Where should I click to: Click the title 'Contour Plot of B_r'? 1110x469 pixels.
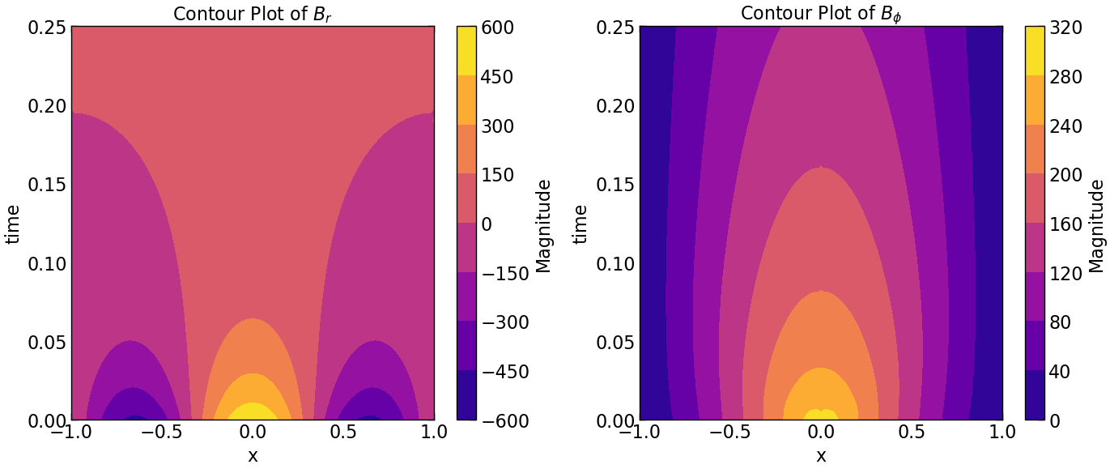click(x=253, y=13)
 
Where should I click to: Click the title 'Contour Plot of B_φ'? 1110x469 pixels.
click(x=821, y=13)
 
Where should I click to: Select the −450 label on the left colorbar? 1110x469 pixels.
click(x=505, y=372)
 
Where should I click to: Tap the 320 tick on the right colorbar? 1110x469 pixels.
click(x=1065, y=28)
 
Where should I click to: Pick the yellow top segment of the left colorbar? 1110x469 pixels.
click(x=466, y=51)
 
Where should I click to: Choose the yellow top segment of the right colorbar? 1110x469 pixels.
click(x=1035, y=51)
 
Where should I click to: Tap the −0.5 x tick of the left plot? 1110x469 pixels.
click(x=158, y=433)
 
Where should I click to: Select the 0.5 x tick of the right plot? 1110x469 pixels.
click(x=912, y=433)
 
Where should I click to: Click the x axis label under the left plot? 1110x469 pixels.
click(x=253, y=456)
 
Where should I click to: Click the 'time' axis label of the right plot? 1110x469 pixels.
click(x=580, y=224)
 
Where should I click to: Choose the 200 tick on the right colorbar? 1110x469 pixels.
click(x=1065, y=175)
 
